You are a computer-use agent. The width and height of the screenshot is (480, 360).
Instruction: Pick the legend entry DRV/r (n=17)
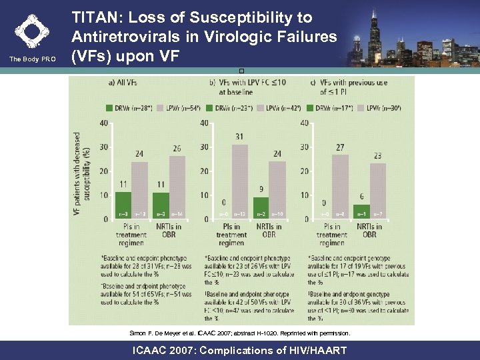click(330, 107)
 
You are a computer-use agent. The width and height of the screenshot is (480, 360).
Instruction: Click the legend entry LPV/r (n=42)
click(281, 107)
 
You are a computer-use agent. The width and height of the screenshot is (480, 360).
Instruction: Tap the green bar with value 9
click(261, 208)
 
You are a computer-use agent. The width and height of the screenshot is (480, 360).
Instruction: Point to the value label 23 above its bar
click(378, 155)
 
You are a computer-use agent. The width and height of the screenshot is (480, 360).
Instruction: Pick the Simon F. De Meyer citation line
click(239, 332)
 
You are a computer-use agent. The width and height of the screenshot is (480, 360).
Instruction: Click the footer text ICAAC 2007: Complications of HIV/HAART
click(239, 350)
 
